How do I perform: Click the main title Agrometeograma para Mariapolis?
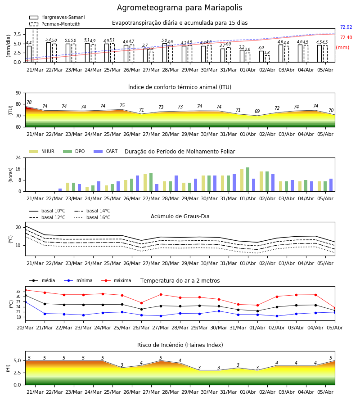coord(180,8)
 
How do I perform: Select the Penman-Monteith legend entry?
coord(55,24)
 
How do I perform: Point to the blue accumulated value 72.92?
coord(346,27)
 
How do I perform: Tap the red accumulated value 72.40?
coord(346,37)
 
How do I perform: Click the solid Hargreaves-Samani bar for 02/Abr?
coord(261,57)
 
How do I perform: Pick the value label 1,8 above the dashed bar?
coord(267,53)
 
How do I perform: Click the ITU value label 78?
coord(29,102)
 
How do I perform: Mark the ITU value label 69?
coord(257,111)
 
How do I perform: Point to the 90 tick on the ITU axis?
coord(18,93)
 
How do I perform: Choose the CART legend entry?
coord(106,151)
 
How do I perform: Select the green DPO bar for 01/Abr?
coord(247,180)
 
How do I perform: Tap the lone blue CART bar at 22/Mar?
coord(60,190)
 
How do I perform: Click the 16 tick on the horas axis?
coord(18,169)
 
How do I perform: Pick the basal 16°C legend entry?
coord(92,217)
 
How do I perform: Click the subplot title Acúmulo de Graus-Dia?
coord(180,216)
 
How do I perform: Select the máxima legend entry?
coord(116,280)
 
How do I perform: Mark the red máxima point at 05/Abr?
coord(335,308)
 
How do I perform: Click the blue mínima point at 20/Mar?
coord(25,301)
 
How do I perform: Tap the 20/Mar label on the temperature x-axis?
coord(25,328)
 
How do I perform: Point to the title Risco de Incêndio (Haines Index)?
coord(180,345)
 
